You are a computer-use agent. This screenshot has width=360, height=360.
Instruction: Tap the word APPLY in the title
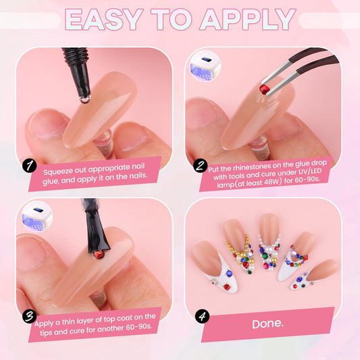(248, 20)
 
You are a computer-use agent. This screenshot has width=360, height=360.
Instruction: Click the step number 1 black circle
(30, 165)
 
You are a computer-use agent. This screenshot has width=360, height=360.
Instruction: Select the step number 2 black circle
(200, 165)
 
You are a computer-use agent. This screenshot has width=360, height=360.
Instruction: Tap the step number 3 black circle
(30, 316)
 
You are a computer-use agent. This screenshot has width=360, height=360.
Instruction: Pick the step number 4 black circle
(202, 316)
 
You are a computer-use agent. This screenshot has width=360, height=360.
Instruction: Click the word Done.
(267, 324)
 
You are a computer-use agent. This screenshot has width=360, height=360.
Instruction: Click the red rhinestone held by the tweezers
(265, 89)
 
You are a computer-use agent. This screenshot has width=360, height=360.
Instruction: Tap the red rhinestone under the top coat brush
(99, 255)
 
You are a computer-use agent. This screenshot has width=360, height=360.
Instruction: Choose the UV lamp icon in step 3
(36, 217)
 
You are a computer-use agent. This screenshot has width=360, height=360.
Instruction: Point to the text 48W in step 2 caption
(272, 182)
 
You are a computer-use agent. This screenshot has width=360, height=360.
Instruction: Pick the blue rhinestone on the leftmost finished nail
(229, 274)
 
